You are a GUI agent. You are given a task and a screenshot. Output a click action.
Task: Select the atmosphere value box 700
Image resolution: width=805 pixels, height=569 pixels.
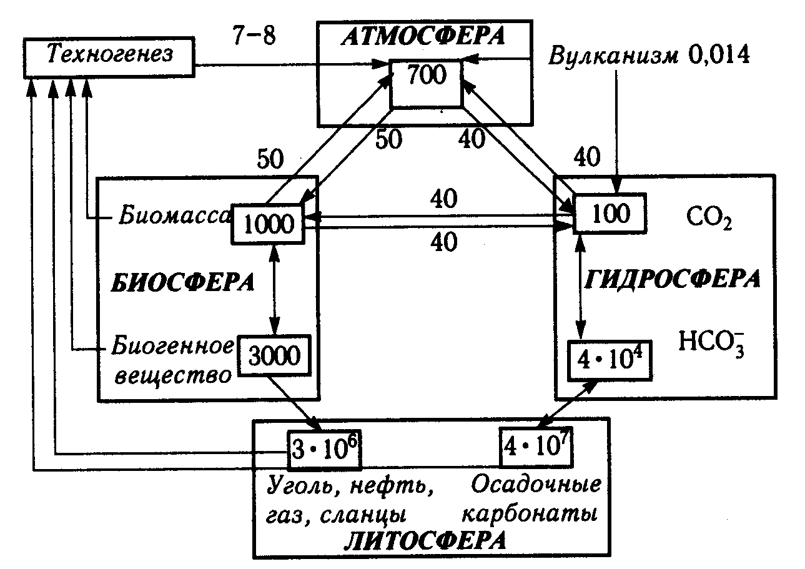click(427, 77)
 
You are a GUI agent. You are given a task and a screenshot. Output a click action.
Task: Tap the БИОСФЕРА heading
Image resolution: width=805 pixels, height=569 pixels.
click(183, 282)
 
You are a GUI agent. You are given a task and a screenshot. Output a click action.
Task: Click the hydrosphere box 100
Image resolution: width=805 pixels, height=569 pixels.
click(609, 214)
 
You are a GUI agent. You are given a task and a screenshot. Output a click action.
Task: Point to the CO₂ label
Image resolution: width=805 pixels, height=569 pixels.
click(708, 220)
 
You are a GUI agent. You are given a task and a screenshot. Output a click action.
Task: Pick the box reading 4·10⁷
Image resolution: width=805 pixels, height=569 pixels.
click(536, 448)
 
